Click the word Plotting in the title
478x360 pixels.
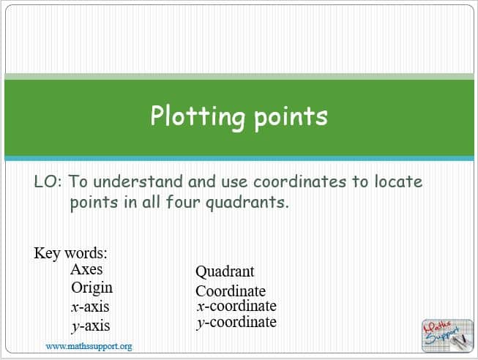pos(197,117)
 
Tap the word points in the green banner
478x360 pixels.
pos(291,119)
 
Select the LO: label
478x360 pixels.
pos(48,181)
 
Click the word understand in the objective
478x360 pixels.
pos(138,181)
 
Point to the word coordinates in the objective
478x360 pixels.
pos(299,181)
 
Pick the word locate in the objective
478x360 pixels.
pos(398,181)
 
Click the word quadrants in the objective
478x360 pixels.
pos(247,203)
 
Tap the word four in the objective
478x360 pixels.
pos(182,202)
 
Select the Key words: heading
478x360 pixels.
pos(70,253)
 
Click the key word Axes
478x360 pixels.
pos(86,269)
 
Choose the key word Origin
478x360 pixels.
pos(92,288)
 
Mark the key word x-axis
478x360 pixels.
pos(90,307)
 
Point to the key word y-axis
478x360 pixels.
pos(91,326)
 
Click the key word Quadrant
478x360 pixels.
pos(225,272)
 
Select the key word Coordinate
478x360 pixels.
pos(231,291)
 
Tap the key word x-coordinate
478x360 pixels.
pos(236,306)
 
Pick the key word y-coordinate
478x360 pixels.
pos(236,323)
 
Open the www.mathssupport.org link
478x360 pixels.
pos(89,347)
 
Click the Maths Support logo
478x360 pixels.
pos(447,336)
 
